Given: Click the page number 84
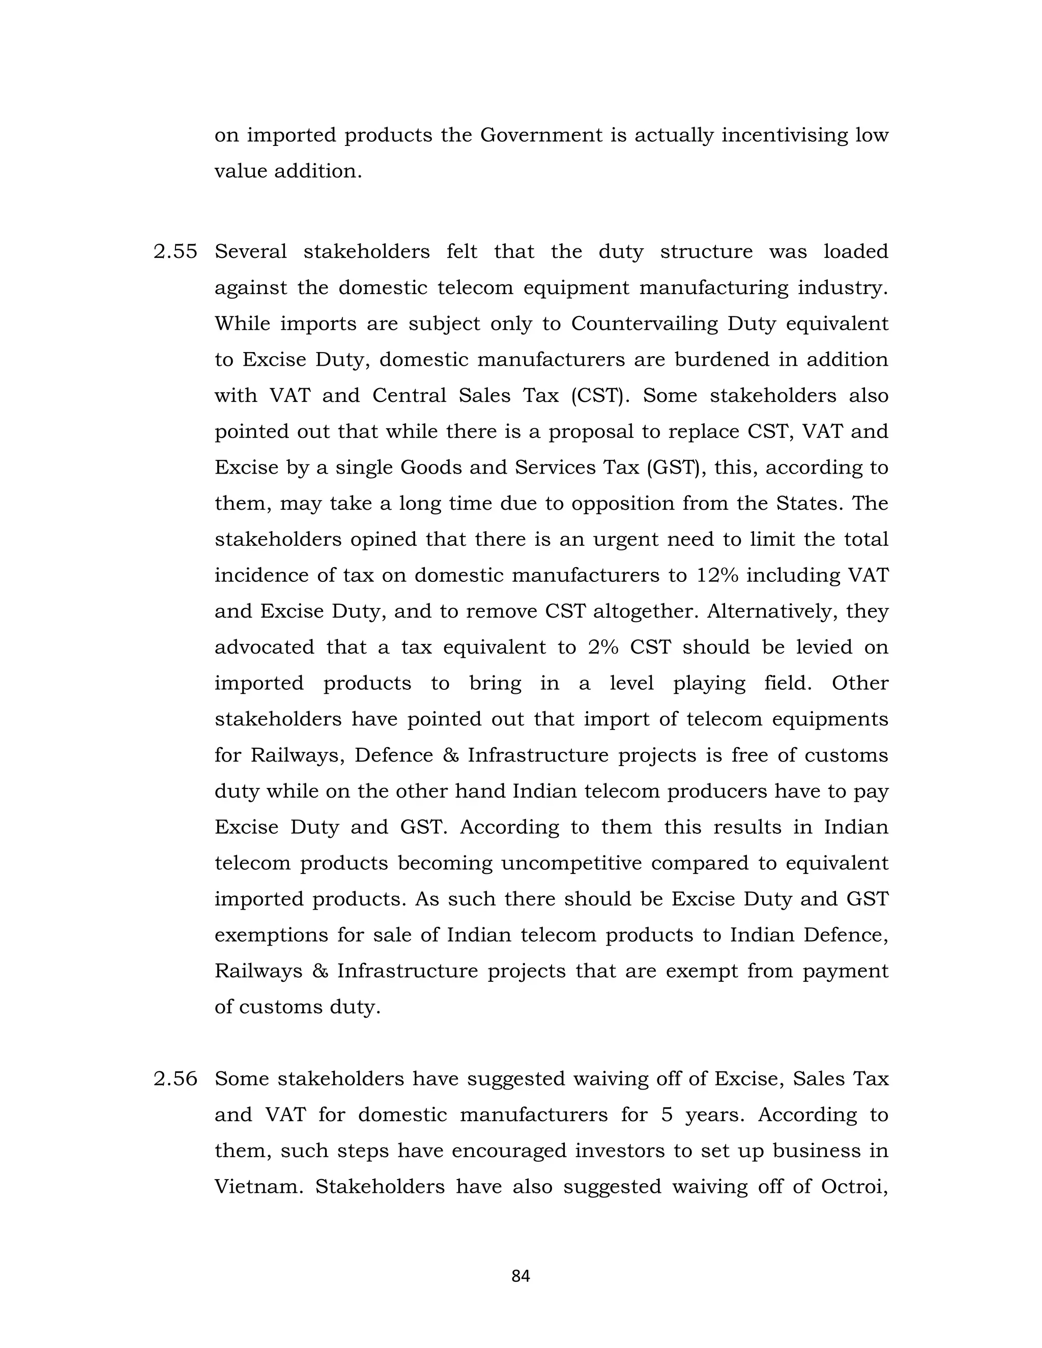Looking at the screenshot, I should click(520, 1276).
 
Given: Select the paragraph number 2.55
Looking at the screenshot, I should click(176, 252).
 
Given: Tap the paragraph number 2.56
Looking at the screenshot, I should click(176, 1078).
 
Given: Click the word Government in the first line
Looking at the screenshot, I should click(541, 135).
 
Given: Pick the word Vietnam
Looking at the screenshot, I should click(258, 1186).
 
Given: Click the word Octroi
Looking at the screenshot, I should click(854, 1186).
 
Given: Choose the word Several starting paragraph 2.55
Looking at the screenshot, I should click(251, 252).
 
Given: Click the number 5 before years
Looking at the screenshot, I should click(666, 1115).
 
